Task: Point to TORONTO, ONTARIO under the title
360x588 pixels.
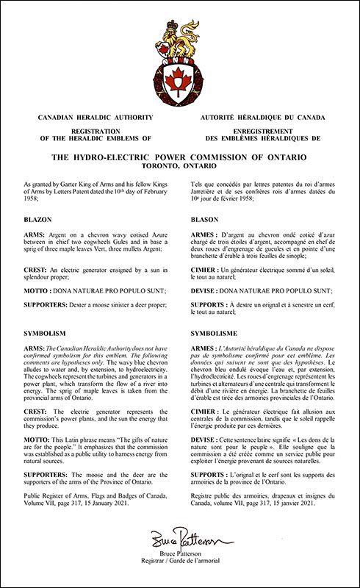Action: click(x=180, y=167)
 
